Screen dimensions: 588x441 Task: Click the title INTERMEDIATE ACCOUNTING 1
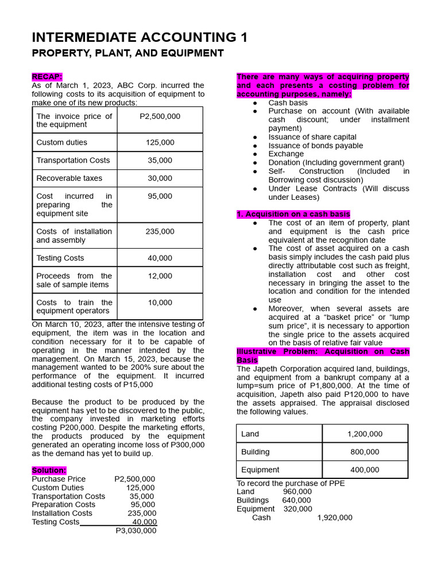click(140, 38)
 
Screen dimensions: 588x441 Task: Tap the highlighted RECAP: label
click(47, 77)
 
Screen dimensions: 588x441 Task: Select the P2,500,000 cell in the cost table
click(160, 117)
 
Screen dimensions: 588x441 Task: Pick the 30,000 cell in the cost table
click(160, 179)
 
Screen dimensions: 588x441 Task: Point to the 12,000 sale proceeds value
click(160, 276)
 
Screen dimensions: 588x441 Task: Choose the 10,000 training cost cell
click(160, 303)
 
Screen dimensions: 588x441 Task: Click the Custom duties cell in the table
click(62, 142)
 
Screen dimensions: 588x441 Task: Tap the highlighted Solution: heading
click(49, 470)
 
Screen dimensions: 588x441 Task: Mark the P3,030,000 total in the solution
click(136, 531)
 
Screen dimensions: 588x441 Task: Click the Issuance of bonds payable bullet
click(315, 146)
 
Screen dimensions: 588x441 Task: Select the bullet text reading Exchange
click(286, 154)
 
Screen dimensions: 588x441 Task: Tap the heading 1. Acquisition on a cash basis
click(293, 214)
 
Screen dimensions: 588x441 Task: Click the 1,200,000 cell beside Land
click(365, 434)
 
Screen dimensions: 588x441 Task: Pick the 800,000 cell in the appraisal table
click(365, 452)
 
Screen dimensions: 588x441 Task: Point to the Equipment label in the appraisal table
click(260, 470)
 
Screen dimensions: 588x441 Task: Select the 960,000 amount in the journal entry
click(297, 492)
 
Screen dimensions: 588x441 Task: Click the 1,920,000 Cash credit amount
click(335, 517)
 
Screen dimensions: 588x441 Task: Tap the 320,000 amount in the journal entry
click(297, 509)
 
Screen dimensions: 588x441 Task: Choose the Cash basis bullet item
click(288, 103)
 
